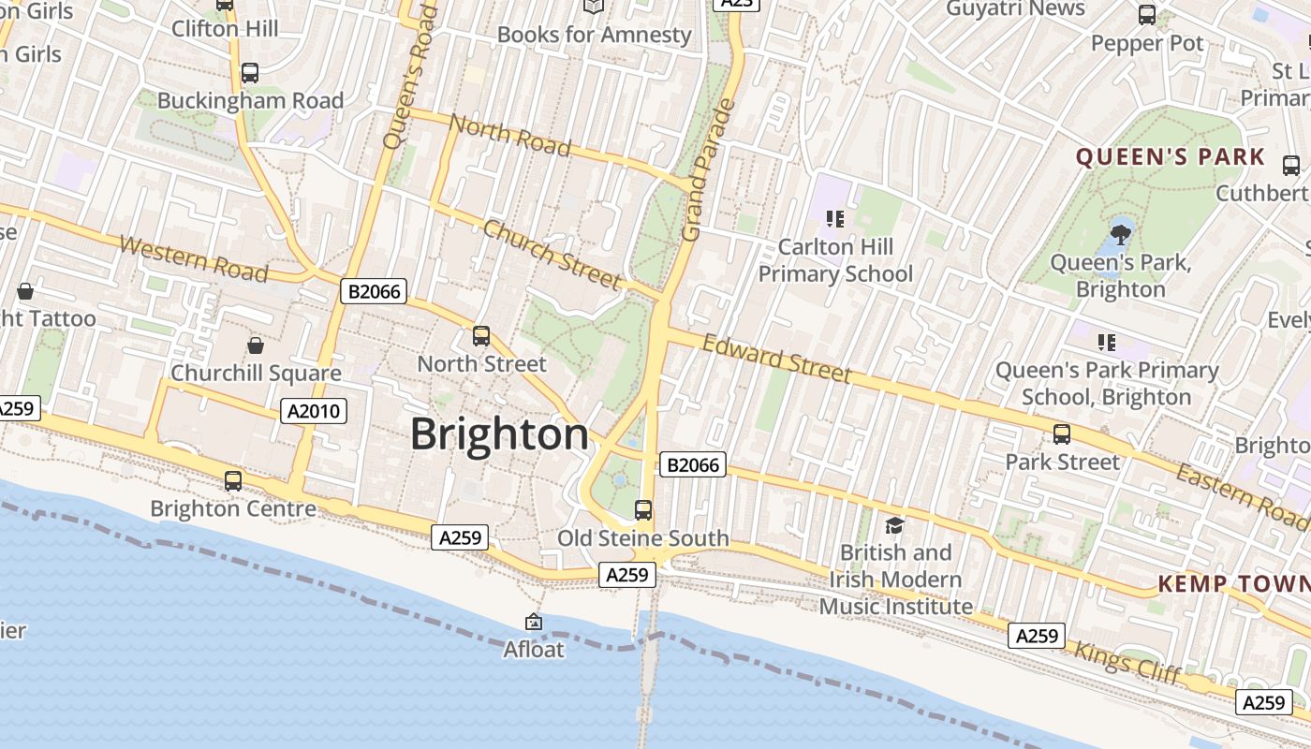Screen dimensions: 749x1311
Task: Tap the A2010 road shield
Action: (314, 410)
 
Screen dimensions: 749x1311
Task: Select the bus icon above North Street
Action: (481, 335)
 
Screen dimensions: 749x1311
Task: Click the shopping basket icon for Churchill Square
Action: (255, 345)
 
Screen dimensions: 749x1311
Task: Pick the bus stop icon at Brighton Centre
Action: (233, 481)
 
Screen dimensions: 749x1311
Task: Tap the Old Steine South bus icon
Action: (643, 510)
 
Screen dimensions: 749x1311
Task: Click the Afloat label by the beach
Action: (534, 649)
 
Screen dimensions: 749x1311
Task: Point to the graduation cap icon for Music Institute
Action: (894, 525)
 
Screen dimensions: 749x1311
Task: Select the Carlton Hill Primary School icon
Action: (834, 219)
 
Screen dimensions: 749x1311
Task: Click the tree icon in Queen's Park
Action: (1120, 234)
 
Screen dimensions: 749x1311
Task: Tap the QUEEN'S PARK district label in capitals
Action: (1170, 157)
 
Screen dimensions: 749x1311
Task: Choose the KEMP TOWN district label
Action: (1233, 584)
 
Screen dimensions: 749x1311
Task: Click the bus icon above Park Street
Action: (1061, 434)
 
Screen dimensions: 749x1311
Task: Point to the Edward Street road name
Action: (776, 360)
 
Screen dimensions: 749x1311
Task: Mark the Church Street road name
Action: (552, 254)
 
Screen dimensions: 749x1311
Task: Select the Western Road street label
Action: (194, 258)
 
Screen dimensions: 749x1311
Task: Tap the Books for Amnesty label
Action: (594, 35)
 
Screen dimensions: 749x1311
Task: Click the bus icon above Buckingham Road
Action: (249, 73)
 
